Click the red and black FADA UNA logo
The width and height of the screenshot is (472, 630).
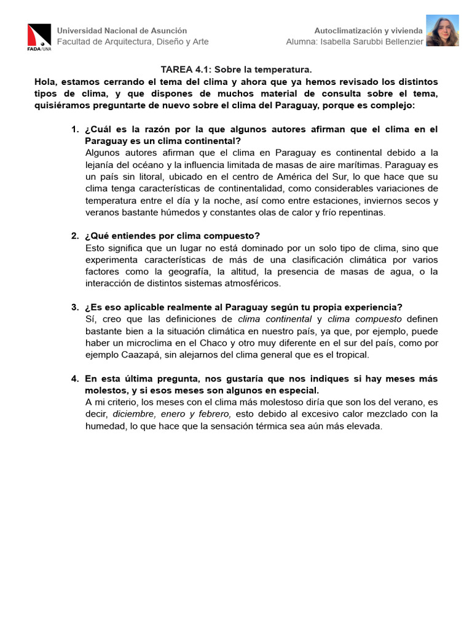(x=39, y=36)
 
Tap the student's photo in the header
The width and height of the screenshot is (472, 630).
(x=442, y=31)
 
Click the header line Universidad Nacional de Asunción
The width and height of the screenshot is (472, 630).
(x=122, y=30)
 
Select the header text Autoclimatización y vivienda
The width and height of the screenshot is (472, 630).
(x=368, y=30)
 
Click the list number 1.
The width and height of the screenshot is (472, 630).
(x=74, y=129)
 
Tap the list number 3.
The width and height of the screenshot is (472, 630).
(x=74, y=307)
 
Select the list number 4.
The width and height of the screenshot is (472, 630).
(x=74, y=378)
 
